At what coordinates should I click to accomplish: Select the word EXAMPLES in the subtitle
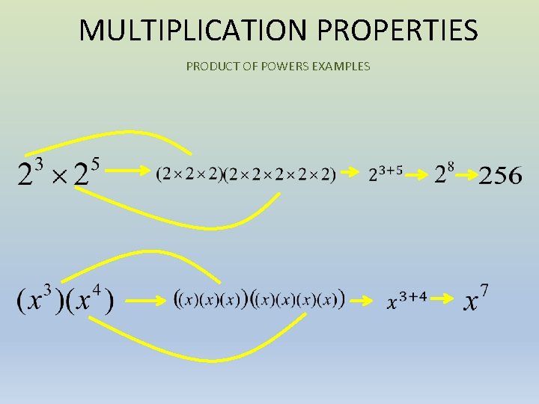[341, 67]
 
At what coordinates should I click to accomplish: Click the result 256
[500, 176]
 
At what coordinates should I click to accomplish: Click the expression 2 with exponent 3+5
[386, 173]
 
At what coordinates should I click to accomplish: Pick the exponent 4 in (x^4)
[96, 288]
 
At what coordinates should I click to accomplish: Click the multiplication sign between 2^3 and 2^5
[60, 177]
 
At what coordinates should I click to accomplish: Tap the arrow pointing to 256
[466, 175]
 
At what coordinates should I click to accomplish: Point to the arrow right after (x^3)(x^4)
[144, 301]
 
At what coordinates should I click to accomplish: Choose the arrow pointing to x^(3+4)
[362, 301]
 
